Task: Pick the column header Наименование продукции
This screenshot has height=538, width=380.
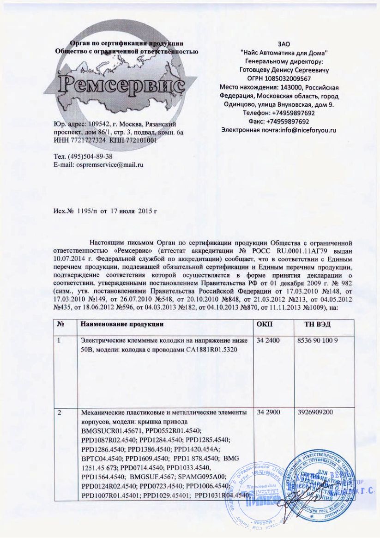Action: (122, 326)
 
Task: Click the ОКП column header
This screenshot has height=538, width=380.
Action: (264, 326)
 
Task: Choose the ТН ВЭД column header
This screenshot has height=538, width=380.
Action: (317, 326)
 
